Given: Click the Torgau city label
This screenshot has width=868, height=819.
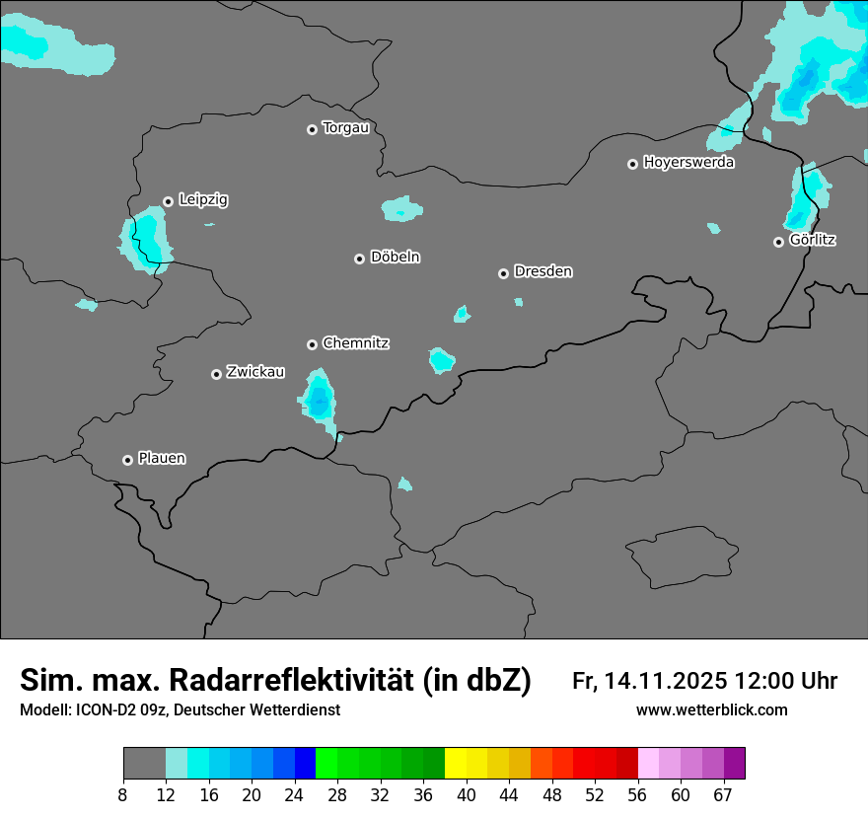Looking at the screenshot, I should [345, 128].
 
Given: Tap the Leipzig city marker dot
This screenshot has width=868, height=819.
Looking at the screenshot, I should [168, 201].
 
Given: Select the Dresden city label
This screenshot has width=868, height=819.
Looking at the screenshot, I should [542, 271].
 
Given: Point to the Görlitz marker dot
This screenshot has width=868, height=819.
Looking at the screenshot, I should [778, 242].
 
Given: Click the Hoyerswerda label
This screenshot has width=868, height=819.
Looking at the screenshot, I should [688, 163].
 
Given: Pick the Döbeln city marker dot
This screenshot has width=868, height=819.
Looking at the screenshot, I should [359, 259].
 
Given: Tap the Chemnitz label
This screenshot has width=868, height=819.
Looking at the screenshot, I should [355, 343].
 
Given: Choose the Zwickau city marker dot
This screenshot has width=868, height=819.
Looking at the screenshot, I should [216, 374].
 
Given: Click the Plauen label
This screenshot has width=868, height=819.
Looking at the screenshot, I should [162, 459].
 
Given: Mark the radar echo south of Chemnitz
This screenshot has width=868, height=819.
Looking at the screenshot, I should [319, 400].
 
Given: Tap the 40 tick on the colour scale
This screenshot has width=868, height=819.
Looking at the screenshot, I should [467, 794].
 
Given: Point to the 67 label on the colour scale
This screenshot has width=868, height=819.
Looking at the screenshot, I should [722, 794].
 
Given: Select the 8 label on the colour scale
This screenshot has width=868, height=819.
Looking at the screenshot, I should [123, 794].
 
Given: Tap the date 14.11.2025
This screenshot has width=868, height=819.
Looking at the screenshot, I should [666, 681].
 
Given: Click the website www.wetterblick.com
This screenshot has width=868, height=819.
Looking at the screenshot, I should [712, 710].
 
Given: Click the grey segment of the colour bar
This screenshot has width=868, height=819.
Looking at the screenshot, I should [144, 764].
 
